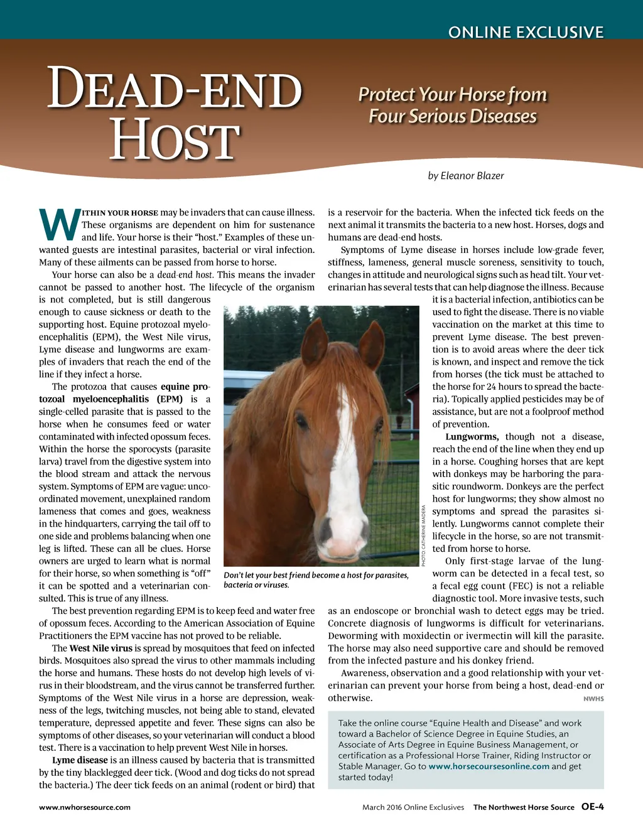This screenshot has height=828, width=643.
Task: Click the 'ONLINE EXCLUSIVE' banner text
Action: pos(526,32)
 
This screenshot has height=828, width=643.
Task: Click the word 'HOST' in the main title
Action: pos(175,141)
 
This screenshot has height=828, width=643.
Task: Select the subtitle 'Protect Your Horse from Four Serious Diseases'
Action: pos(453,105)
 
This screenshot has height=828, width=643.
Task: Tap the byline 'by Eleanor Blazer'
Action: pos(465,176)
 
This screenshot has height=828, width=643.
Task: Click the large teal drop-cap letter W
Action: pos(59,225)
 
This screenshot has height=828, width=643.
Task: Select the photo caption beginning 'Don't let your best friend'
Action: pos(316,580)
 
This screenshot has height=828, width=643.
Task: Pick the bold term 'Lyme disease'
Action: pos(80,760)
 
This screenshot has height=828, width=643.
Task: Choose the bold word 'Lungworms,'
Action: pos(472,437)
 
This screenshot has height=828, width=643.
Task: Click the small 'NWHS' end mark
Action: pos(593,699)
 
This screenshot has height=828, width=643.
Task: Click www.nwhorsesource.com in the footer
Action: pos(85,807)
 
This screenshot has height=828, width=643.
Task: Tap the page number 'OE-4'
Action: pos(592,807)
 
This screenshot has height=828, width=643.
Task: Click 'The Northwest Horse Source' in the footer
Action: pos(524,807)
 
